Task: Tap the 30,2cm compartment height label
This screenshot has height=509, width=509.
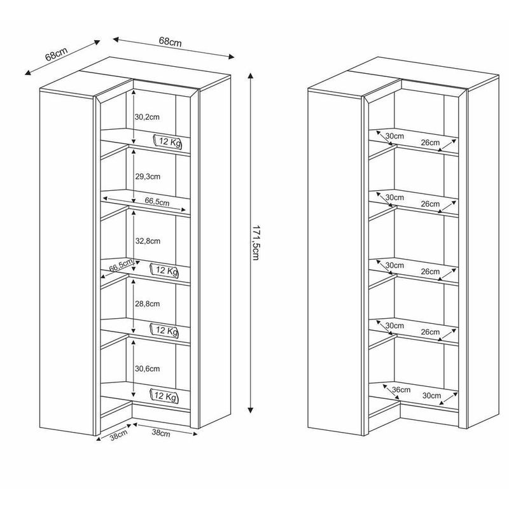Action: pyautogui.click(x=148, y=117)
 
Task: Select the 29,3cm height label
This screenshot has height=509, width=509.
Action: pyautogui.click(x=148, y=176)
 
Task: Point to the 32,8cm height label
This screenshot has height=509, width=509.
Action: pyautogui.click(x=148, y=241)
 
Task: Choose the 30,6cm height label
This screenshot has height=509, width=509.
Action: pyautogui.click(x=148, y=369)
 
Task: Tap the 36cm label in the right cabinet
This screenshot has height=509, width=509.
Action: pyautogui.click(x=401, y=389)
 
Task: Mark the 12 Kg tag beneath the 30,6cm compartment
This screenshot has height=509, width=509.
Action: pyautogui.click(x=164, y=396)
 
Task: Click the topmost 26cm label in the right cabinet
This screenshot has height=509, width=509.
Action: pyautogui.click(x=430, y=143)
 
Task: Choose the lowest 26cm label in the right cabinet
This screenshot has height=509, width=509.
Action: pyautogui.click(x=430, y=332)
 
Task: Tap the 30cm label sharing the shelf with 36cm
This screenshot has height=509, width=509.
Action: pyautogui.click(x=431, y=395)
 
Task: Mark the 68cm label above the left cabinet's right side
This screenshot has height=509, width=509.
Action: pyautogui.click(x=171, y=42)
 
